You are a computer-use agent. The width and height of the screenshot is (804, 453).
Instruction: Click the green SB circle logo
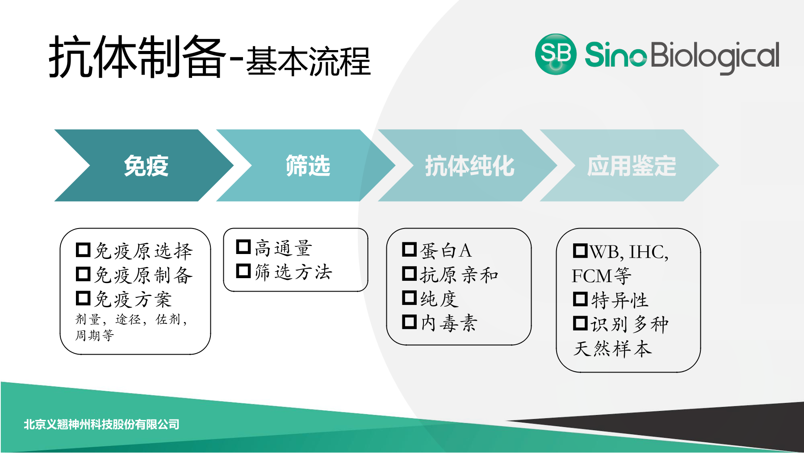coord(556,54)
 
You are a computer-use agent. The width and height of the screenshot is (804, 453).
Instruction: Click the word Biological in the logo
coord(715,56)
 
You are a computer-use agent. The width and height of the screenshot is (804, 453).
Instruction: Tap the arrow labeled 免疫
coord(146,166)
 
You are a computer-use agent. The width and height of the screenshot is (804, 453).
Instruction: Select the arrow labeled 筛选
coord(308,166)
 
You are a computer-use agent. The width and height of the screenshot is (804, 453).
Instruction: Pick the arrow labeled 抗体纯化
coord(469,166)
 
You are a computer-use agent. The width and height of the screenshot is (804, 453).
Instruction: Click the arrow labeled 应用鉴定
coord(631,166)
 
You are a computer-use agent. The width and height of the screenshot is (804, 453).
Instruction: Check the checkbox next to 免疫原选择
coord(83,250)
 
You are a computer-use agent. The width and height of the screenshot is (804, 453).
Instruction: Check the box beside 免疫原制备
coord(83,274)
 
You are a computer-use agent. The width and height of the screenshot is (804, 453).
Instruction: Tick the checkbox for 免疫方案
coord(83,298)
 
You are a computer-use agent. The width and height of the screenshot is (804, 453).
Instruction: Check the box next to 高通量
coord(243,246)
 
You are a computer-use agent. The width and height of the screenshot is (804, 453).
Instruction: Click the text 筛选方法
coord(293,272)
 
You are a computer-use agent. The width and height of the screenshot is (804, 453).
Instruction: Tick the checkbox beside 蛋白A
coord(409,249)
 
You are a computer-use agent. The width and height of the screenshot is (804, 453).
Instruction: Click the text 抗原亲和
coord(459,275)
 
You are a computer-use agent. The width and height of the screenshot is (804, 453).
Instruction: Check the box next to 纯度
coord(409,297)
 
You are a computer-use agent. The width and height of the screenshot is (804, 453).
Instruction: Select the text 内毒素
coord(449,323)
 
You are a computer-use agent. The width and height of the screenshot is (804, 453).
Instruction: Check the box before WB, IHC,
coord(580,250)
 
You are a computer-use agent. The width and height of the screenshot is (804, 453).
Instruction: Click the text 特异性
coord(620,300)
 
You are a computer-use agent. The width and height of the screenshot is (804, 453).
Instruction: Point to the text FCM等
coord(601,276)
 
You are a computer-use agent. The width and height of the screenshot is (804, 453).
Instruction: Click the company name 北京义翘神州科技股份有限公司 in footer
coord(101,424)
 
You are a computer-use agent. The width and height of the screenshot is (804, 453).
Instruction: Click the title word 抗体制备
coord(137,57)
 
